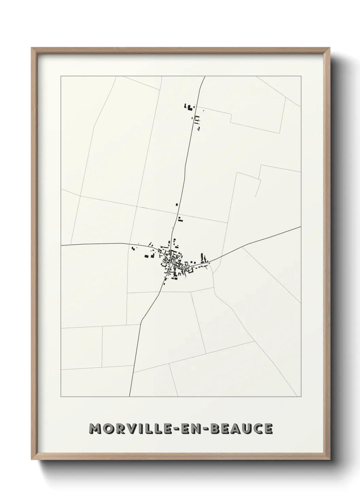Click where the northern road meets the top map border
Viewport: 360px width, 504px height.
pyautogui.click(x=204, y=76)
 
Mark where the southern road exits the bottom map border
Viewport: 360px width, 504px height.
pyautogui.click(x=130, y=397)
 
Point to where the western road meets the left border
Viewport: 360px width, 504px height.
pyautogui.click(x=61, y=245)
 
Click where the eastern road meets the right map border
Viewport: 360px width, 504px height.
pyautogui.click(x=301, y=226)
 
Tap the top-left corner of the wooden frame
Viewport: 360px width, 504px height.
pyautogui.click(x=32, y=48)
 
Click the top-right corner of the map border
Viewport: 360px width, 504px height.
pyautogui.click(x=301, y=76)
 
